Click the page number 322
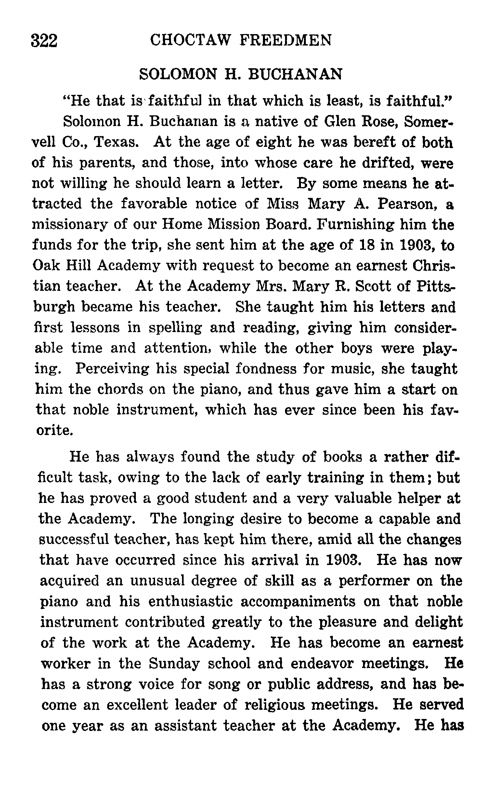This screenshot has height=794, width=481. pos(44,41)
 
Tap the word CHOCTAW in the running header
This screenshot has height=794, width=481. pos(190,40)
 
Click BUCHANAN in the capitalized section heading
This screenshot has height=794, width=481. pos(295,74)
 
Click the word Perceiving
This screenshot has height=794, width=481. pos(112,369)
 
